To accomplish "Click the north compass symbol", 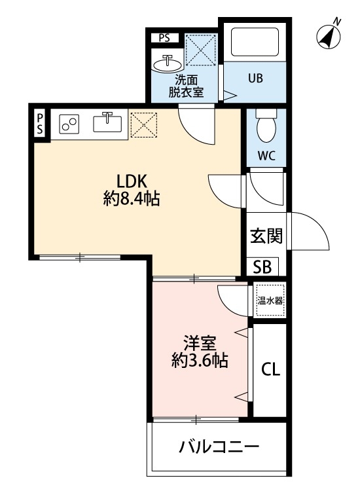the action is (329, 36).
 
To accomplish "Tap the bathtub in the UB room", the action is (255, 42).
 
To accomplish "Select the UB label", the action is (255, 78).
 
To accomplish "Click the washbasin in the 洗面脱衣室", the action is (168, 64).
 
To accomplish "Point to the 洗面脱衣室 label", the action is (186, 86).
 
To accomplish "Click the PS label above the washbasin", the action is (164, 38).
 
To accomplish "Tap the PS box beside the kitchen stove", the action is (40, 124).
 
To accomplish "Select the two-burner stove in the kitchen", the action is (69, 124).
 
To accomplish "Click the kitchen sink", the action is (107, 122).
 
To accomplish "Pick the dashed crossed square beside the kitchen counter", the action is (144, 125).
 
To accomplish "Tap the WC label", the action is (266, 155).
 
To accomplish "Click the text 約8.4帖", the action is (132, 199).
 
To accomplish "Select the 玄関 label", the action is (266, 235).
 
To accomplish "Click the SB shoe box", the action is (262, 267).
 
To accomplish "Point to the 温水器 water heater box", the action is (270, 300).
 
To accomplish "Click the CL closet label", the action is (270, 370).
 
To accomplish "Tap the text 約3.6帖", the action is (200, 361).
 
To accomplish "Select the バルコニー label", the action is (219, 446).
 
